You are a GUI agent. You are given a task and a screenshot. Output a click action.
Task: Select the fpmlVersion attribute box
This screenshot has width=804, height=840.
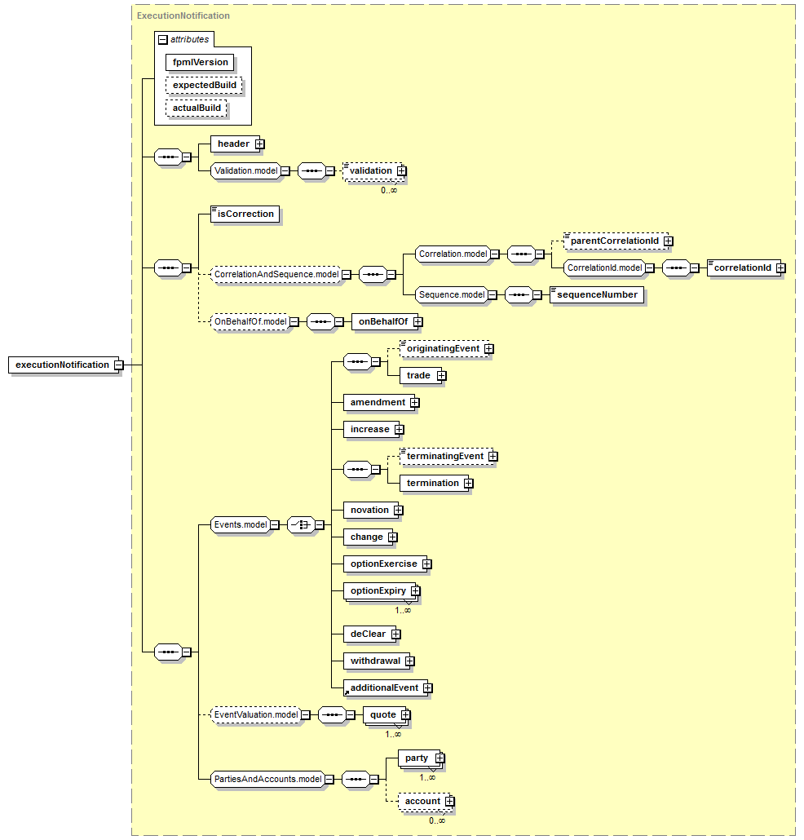click(x=200, y=62)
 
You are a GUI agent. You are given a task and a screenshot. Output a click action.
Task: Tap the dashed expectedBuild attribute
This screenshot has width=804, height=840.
click(x=204, y=85)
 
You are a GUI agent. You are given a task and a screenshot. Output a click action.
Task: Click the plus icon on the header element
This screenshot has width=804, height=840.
click(x=260, y=144)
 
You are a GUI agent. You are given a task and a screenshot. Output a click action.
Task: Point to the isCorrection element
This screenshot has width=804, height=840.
click(x=245, y=214)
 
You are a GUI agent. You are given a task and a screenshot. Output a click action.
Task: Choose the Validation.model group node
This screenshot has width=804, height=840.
click(x=246, y=171)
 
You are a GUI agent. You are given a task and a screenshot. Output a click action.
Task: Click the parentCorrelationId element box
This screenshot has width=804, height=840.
click(x=616, y=241)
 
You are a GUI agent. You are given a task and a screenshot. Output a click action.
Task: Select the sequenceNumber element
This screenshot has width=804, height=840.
click(x=597, y=294)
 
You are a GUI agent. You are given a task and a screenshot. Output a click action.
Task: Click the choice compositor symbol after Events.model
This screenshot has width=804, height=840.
click(x=301, y=525)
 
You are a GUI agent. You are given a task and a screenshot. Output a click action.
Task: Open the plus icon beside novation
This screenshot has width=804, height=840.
click(x=399, y=511)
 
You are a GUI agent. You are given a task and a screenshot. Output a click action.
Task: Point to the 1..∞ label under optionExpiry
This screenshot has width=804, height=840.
click(x=403, y=611)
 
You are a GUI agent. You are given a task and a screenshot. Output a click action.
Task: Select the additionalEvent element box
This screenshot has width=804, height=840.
click(x=386, y=687)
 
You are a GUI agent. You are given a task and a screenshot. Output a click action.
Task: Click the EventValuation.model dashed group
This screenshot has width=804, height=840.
click(x=256, y=714)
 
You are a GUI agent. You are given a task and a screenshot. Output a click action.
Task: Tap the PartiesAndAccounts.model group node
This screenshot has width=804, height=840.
click(x=267, y=779)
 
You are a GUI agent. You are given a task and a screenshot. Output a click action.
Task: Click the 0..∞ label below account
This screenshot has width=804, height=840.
click(x=436, y=820)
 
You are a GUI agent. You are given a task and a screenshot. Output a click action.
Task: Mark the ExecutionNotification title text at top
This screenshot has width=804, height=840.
click(x=183, y=15)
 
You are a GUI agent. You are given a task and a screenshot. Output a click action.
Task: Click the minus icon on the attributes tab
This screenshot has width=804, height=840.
click(x=163, y=40)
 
